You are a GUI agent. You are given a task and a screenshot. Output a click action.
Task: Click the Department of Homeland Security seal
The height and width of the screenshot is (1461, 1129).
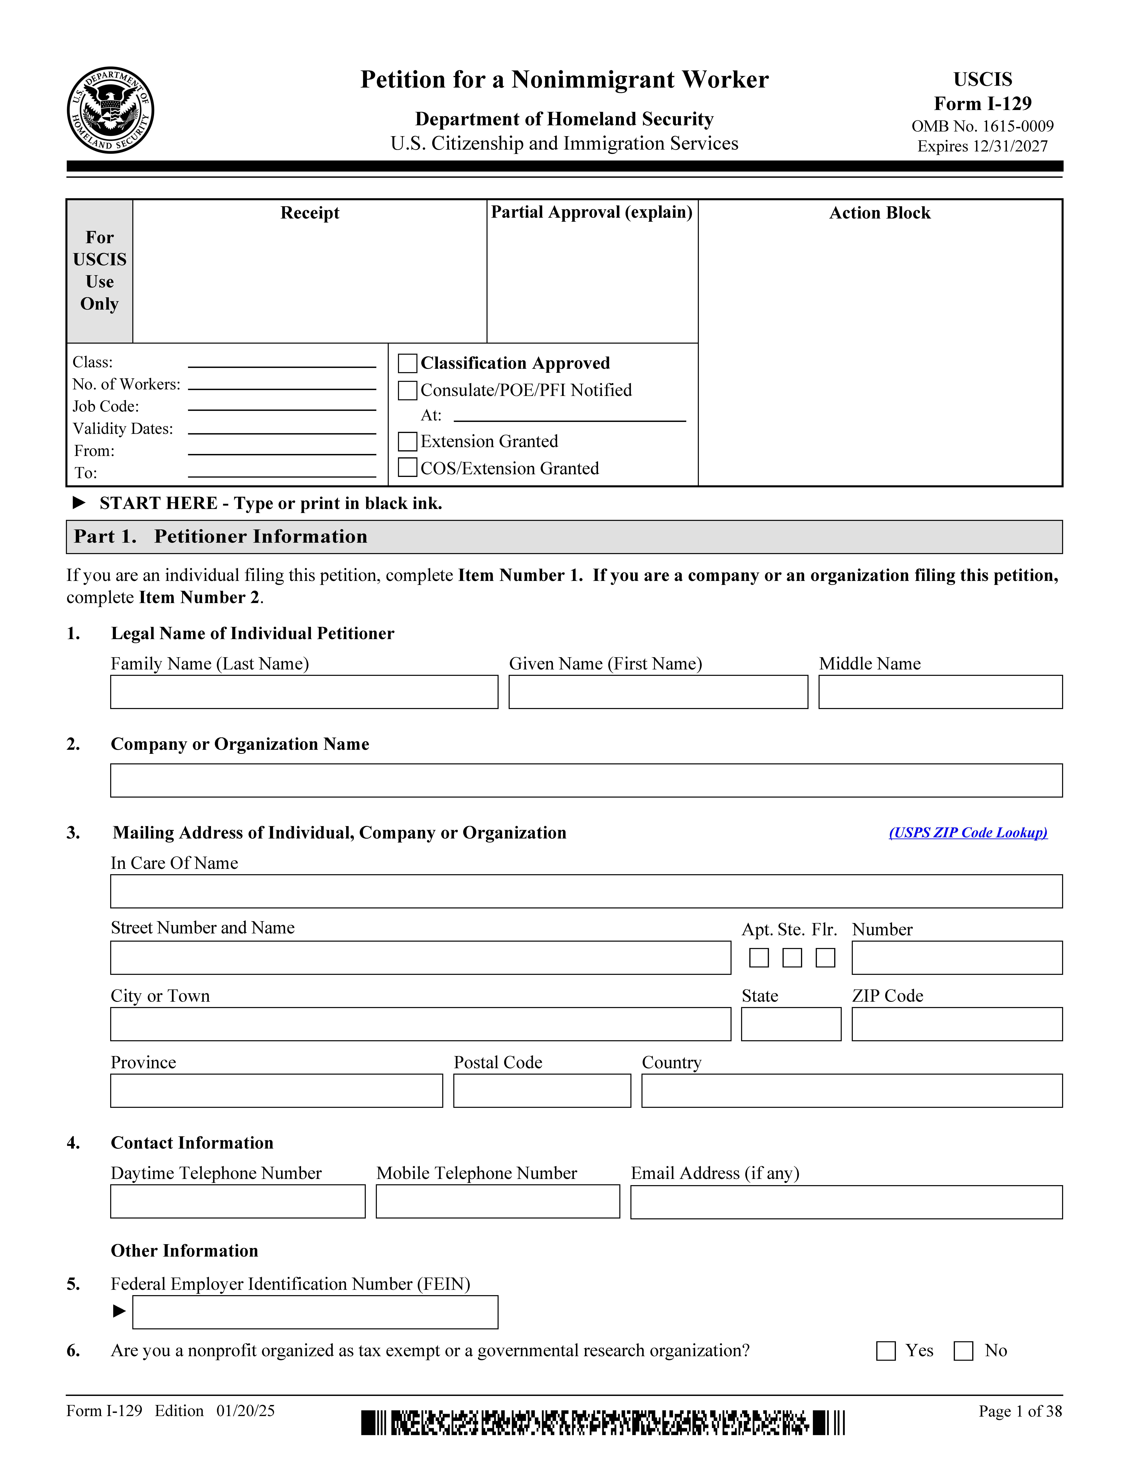pos(110,110)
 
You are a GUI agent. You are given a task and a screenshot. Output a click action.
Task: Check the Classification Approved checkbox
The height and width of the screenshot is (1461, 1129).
pos(407,363)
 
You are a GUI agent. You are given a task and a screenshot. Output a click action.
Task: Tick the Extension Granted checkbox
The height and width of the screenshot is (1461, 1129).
pos(407,442)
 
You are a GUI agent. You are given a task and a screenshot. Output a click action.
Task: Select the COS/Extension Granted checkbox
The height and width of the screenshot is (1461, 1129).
pos(407,468)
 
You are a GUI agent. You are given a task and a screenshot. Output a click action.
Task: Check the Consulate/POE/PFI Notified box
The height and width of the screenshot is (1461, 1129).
pos(407,390)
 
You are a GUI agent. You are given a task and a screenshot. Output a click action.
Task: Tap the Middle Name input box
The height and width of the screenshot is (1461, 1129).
pos(940,692)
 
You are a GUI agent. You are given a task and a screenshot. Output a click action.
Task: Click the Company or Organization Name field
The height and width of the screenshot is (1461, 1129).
pos(586,780)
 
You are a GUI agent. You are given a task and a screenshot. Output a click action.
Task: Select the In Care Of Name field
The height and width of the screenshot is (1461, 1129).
pos(586,891)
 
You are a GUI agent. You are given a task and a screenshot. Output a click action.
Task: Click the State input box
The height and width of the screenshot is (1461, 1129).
pos(791,1024)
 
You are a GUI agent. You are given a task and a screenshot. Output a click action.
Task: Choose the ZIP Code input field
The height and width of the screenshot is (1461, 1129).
pos(956,1024)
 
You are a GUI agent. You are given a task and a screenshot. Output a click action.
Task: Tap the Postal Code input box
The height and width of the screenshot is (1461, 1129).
pos(542,1090)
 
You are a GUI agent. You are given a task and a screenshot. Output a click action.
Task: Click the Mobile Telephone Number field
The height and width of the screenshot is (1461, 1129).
pos(498,1201)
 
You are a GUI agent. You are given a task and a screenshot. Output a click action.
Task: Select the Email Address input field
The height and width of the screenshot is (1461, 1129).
pos(846,1202)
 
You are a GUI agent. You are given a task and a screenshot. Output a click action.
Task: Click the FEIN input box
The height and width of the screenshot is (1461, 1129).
pos(315,1312)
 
